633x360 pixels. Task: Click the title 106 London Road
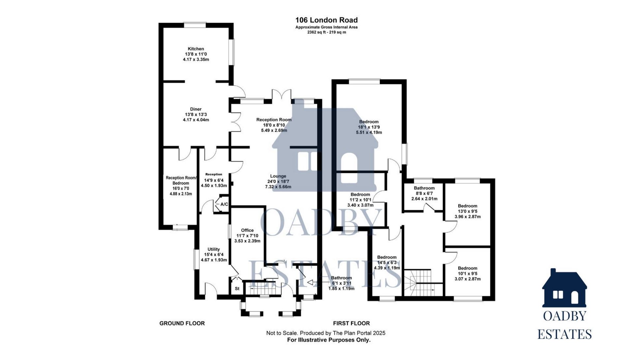pos(326,20)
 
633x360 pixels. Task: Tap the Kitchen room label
pos(196,49)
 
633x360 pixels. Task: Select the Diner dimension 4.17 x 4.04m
pos(196,120)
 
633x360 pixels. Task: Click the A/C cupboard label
pos(224,204)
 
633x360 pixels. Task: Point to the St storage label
pos(237,289)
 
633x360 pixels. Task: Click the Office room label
pos(247,230)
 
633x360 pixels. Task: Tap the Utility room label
pos(214,249)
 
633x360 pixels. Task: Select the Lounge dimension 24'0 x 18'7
pos(278,182)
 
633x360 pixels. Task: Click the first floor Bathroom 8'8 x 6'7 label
pos(424,188)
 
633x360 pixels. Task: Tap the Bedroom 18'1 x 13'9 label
pos(369,122)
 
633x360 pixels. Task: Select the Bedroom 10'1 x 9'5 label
pos(467,268)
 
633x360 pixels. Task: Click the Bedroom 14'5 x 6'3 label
pos(387,257)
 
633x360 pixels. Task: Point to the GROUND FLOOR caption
pos(182,323)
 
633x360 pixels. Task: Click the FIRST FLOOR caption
pos(351,323)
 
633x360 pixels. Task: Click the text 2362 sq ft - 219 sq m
pos(326,32)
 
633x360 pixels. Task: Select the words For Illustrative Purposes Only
pos(329,340)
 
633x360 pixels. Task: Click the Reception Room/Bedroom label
pos(181,180)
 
